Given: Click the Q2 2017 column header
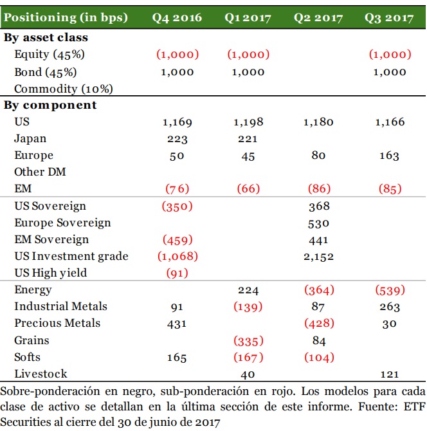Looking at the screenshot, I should click(x=318, y=17).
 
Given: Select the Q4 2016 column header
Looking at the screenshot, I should click(x=177, y=17).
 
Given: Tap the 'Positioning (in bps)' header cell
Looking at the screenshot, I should click(x=66, y=17).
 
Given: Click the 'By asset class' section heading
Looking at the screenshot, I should click(x=46, y=38).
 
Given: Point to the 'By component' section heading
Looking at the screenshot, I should click(x=50, y=105).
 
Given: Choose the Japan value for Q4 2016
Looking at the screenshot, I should click(x=177, y=138).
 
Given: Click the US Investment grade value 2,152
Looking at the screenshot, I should click(x=318, y=256).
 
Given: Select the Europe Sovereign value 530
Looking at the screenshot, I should click(x=318, y=223).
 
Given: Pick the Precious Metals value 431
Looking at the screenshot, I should click(x=177, y=324).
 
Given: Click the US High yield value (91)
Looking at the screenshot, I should click(x=177, y=273).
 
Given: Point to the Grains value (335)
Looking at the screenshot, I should click(x=248, y=340).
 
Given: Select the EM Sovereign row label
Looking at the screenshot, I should click(x=51, y=239).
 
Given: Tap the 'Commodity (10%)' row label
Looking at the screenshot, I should click(x=55, y=89).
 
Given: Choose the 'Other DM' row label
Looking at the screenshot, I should click(x=40, y=172).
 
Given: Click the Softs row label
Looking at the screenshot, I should click(x=28, y=357).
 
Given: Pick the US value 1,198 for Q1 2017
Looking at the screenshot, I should click(x=248, y=122).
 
